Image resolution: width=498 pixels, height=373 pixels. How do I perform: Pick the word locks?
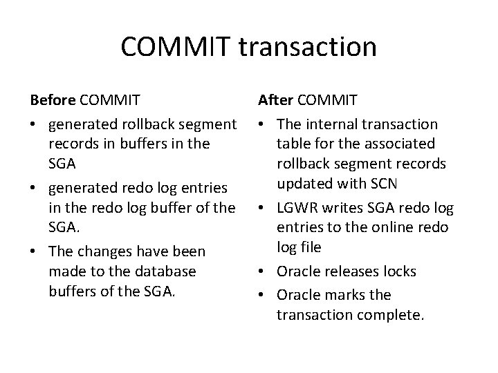(x=397, y=271)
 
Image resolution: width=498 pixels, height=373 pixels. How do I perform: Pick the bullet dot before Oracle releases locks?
(x=263, y=272)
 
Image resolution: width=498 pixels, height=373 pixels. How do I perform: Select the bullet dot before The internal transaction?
(x=263, y=125)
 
